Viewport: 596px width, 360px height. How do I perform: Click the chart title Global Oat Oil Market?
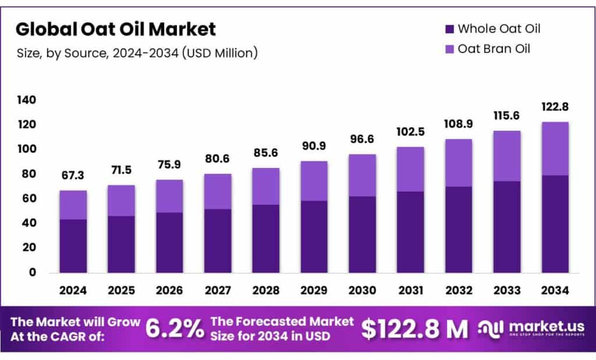coord(115,28)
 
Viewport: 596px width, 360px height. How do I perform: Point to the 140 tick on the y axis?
coord(27,100)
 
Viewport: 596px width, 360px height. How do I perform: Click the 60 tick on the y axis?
coord(29,198)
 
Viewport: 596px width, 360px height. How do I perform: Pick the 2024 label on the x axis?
coord(73,290)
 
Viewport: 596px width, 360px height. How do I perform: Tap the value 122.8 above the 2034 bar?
coord(555,107)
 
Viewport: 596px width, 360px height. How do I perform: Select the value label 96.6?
coord(361,140)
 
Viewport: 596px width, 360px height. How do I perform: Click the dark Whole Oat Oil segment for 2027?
coord(217,241)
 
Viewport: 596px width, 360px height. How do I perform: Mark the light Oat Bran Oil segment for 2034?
coord(555,148)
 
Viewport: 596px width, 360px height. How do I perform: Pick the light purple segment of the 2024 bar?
coord(73,205)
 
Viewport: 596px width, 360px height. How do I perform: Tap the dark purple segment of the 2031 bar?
coord(410,232)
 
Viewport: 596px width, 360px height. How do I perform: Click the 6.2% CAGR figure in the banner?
coord(174,329)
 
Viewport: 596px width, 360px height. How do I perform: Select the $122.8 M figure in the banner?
coord(414,329)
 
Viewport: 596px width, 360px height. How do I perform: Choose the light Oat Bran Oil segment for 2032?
coord(458,163)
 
